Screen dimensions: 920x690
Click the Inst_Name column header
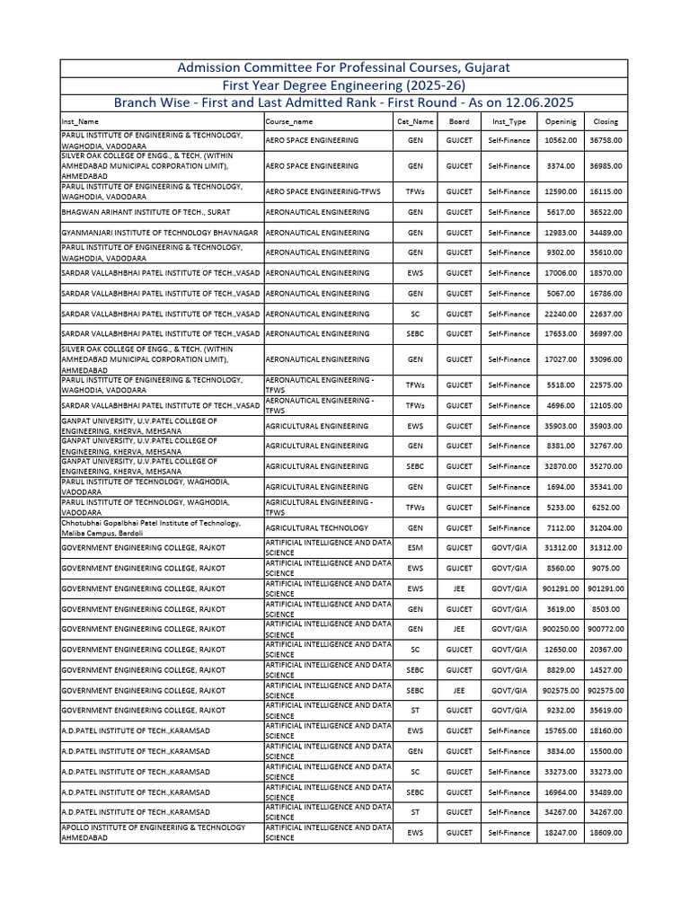tap(80, 121)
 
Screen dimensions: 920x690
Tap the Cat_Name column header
tap(415, 121)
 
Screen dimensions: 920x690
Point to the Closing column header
tap(606, 121)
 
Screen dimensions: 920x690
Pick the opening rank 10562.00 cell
tap(561, 141)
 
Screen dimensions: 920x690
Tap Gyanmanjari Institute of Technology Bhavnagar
tap(159, 233)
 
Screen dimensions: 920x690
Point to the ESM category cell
tap(415, 548)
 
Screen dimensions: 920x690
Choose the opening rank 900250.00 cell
tap(560, 630)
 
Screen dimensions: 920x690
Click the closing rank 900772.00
tap(606, 630)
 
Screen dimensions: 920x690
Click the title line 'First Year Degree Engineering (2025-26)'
tap(344, 84)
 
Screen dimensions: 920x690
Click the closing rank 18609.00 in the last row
tap(606, 833)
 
